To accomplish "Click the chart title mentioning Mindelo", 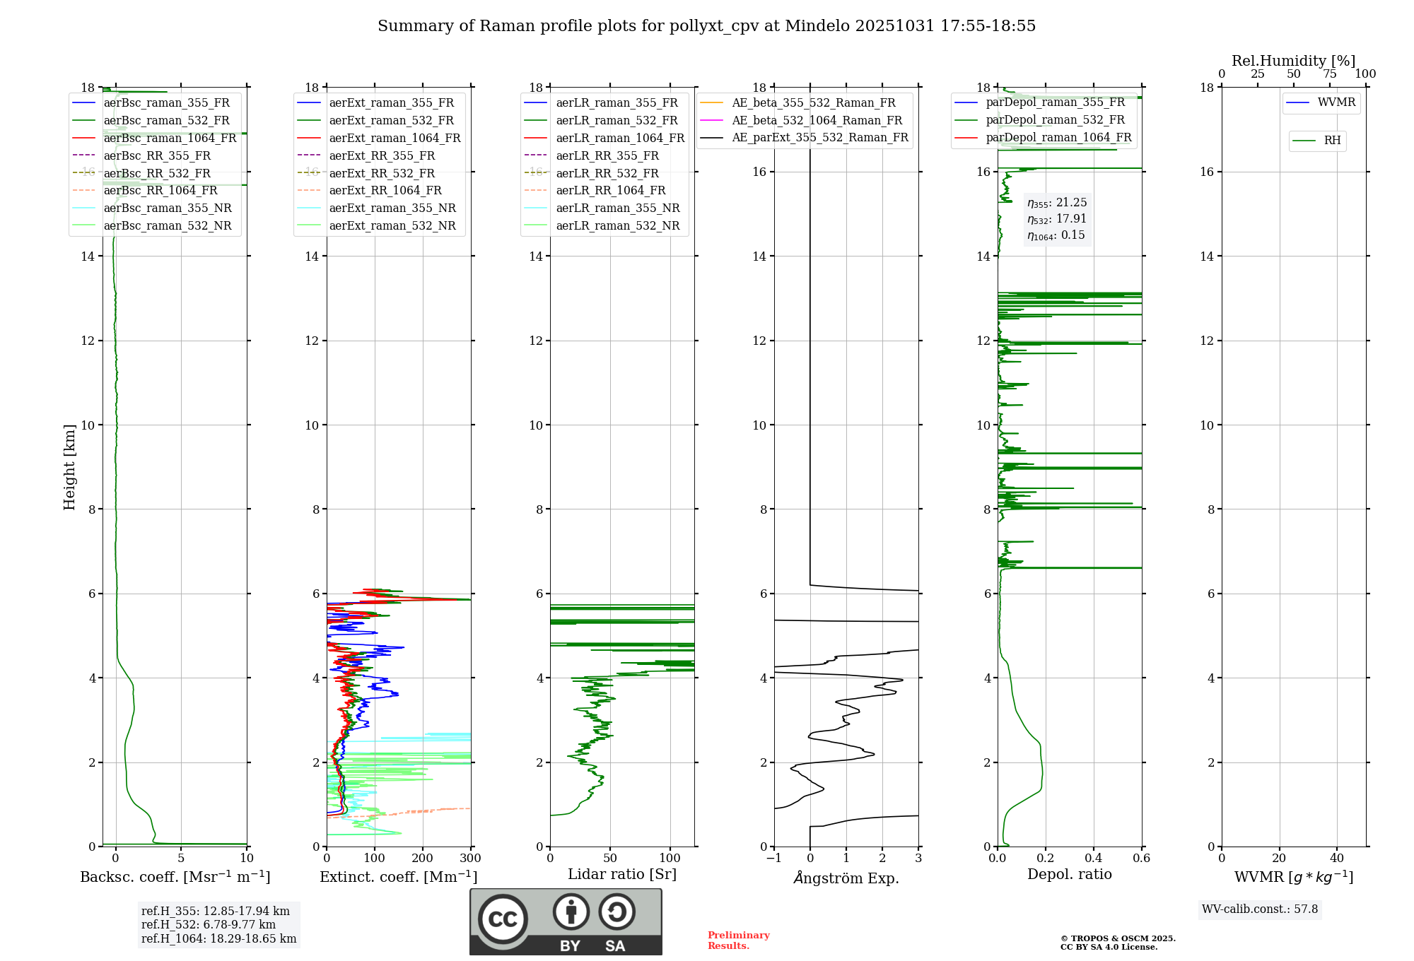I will click(706, 26).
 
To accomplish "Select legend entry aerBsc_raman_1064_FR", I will click(170, 138).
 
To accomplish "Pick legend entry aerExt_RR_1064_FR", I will click(385, 190).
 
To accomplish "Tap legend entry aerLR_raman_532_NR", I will click(617, 225).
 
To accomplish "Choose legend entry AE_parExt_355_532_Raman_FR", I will click(819, 137).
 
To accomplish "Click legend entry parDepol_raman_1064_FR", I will click(1058, 137).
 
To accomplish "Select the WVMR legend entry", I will click(1336, 102).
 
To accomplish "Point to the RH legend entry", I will click(1332, 141).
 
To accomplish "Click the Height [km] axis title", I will click(69, 467).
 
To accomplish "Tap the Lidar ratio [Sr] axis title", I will click(622, 874).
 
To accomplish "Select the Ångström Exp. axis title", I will click(846, 878).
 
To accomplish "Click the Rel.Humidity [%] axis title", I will click(1293, 61).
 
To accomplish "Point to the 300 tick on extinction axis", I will click(470, 859).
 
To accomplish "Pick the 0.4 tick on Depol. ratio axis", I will click(1094, 859).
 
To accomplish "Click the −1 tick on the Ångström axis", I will click(773, 859).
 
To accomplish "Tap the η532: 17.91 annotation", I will click(1057, 219).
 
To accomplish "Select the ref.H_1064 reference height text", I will click(218, 938).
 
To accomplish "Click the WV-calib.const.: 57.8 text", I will click(1260, 909).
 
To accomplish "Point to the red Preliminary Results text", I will click(738, 941).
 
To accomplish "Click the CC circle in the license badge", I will click(503, 919).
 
